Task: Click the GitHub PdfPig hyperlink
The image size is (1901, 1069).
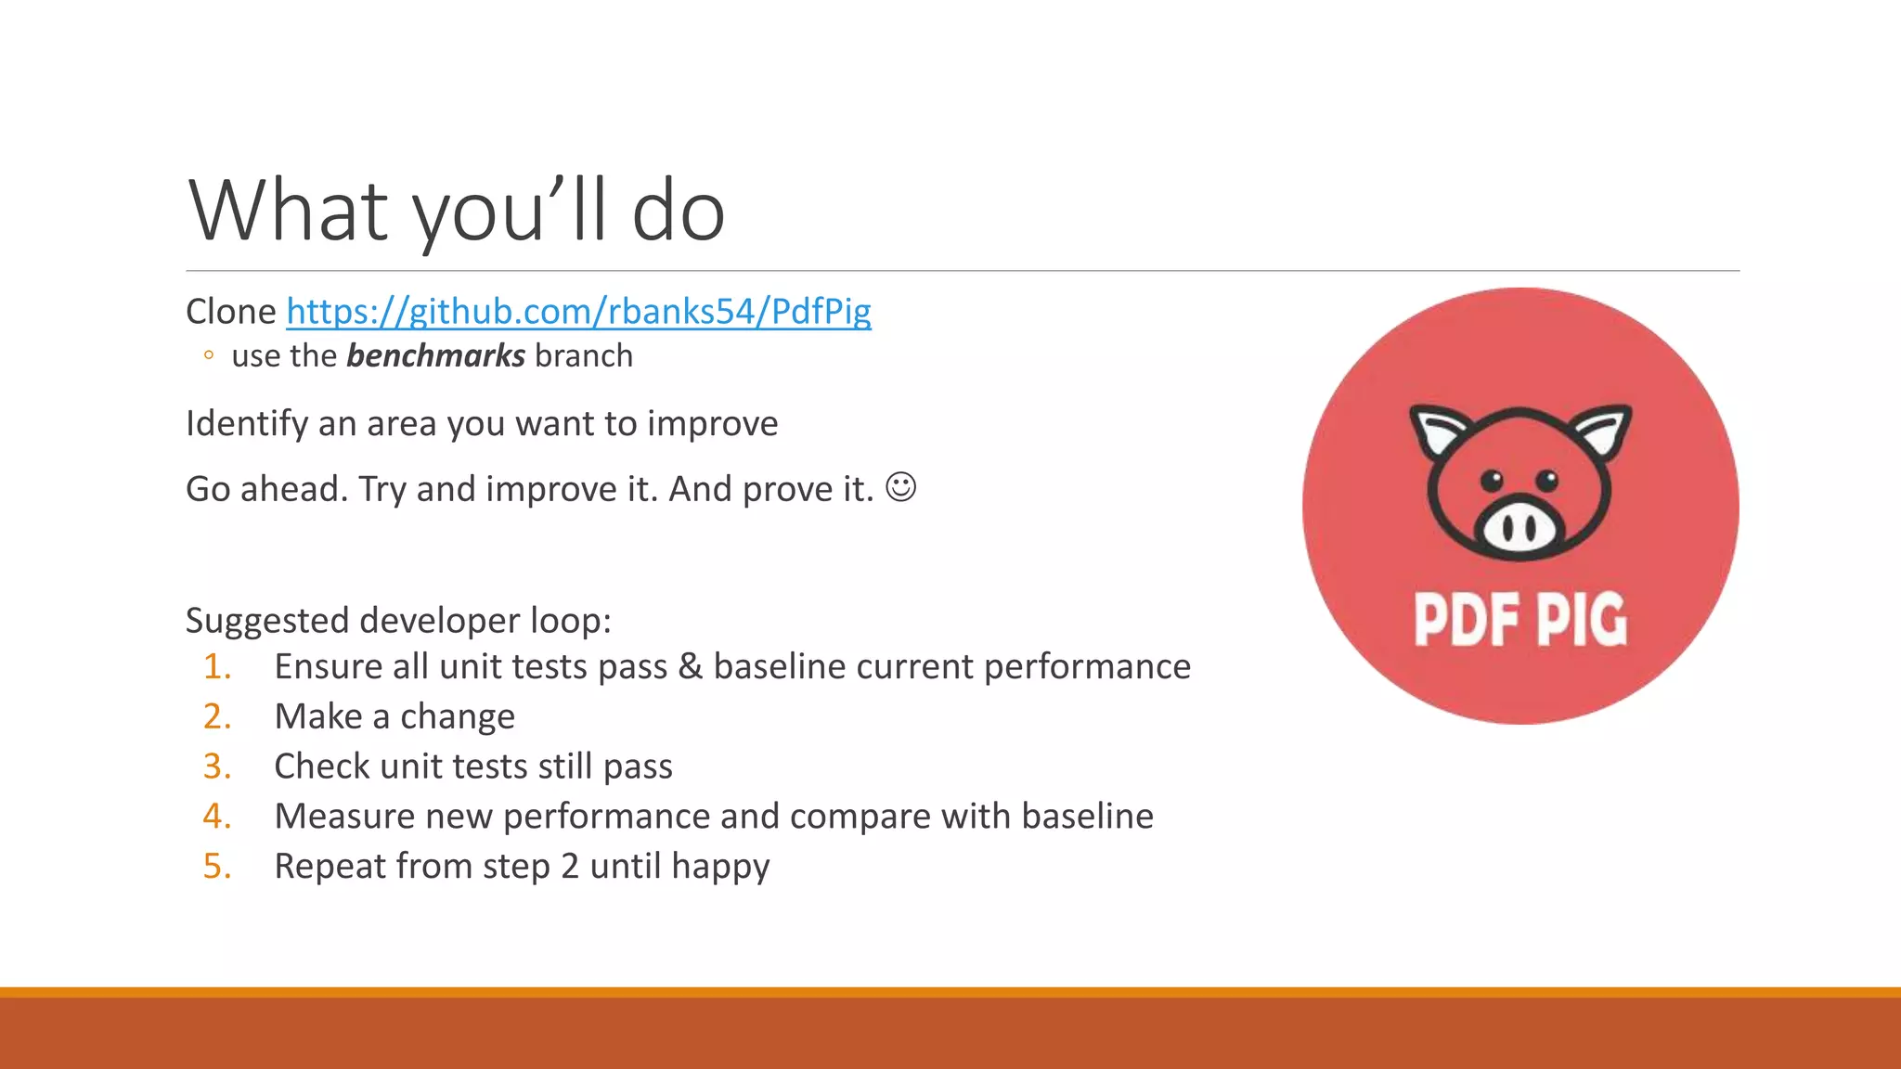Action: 578,311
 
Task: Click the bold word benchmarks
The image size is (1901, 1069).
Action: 435,356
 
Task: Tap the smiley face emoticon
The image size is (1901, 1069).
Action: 900,487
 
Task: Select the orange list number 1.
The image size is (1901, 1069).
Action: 216,667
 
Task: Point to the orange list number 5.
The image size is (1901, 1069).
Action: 216,867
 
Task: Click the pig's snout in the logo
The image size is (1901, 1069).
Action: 1519,529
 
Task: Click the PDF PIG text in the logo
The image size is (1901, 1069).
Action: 1520,620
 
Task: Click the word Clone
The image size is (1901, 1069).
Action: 230,312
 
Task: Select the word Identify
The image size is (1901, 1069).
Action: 246,424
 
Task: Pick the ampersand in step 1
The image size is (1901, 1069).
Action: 690,667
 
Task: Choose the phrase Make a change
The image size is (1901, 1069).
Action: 394,717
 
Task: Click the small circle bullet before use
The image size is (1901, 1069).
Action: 209,355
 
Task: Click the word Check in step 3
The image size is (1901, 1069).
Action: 321,766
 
